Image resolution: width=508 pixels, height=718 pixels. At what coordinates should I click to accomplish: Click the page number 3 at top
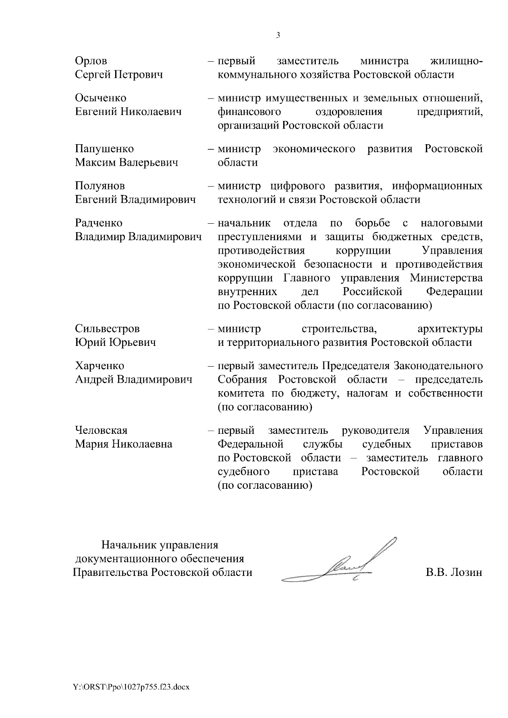278,36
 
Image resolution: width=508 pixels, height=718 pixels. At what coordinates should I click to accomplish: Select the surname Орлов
91,61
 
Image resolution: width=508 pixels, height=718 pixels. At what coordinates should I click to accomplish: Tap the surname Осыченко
100,98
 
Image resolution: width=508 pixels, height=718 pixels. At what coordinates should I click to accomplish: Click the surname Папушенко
104,149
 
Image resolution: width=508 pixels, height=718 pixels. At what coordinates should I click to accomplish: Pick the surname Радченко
99,223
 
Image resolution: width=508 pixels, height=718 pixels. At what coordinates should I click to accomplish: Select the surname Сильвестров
107,329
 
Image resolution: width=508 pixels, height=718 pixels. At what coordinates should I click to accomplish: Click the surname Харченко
99,366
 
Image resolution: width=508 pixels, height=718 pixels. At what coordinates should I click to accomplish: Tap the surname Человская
101,430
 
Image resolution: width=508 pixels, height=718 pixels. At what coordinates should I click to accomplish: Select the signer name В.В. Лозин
454,573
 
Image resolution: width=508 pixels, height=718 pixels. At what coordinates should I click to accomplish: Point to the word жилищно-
456,61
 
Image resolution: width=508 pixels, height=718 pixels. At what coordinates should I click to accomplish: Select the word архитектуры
450,329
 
